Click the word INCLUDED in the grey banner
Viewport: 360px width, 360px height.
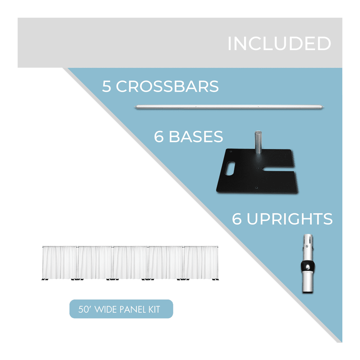(x=279, y=44)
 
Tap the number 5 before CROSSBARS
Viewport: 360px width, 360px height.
(x=107, y=86)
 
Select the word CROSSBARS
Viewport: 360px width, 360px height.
(x=167, y=86)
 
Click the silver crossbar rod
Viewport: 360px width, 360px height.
(x=229, y=107)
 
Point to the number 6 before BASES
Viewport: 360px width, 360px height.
(x=159, y=136)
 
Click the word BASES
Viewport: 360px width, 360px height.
(x=196, y=136)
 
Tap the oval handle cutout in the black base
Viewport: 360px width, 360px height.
(x=230, y=168)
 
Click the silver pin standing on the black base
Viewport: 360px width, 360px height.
(x=258, y=142)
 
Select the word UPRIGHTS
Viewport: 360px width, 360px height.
(x=290, y=219)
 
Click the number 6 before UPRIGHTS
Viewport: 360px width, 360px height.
(x=237, y=219)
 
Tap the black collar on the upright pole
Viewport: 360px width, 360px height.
(x=308, y=266)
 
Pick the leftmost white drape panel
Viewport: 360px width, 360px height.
(x=60, y=263)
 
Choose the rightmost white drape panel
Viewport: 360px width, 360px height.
(x=201, y=263)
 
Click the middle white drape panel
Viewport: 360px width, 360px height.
(x=130, y=263)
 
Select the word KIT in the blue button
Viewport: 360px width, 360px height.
(x=154, y=310)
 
